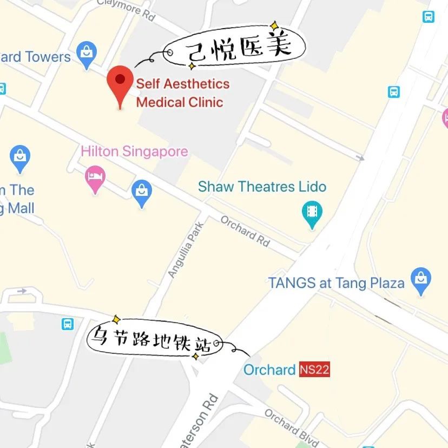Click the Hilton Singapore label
[x=134, y=151]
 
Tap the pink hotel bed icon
[x=96, y=179]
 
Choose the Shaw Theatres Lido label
[x=262, y=187]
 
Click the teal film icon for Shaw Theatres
[x=311, y=212]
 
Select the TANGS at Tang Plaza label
[x=336, y=282]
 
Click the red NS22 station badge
[x=314, y=370]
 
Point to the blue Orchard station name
[x=269, y=370]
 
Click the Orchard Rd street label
[x=245, y=231]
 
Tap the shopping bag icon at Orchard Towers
[x=86, y=54]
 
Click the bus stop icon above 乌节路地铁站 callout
[x=68, y=324]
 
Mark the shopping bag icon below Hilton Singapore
[x=142, y=193]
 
